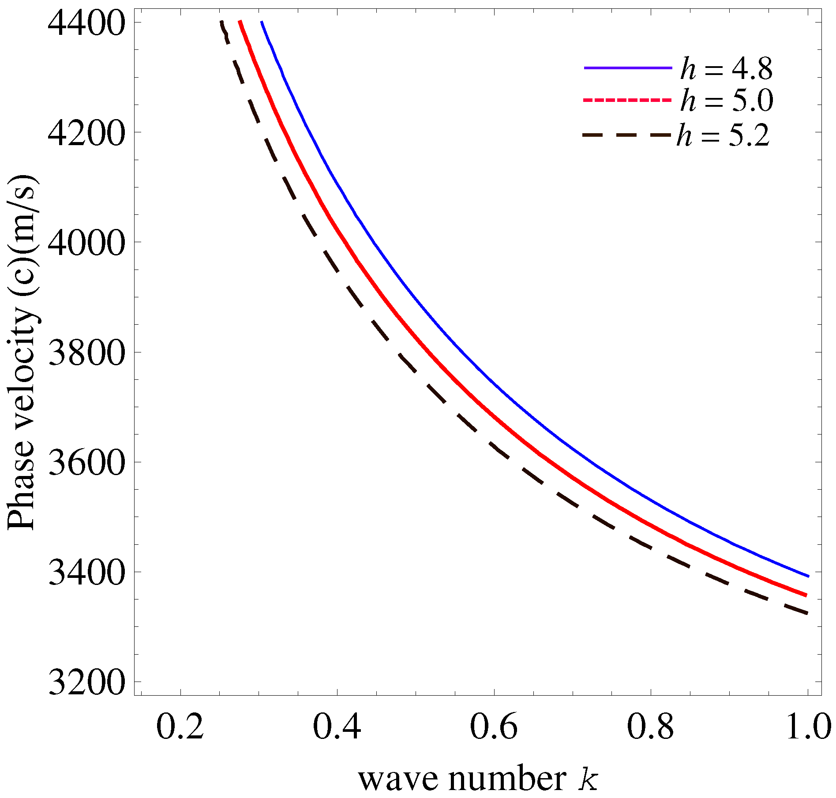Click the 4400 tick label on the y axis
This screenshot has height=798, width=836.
tap(85, 23)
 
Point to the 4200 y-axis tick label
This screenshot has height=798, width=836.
tap(85, 133)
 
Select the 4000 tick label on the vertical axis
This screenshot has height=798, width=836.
tap(85, 243)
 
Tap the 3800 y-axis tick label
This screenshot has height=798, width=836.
tap(85, 353)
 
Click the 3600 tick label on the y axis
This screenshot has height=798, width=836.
tap(85, 463)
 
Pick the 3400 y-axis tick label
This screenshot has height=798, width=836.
tap(85, 573)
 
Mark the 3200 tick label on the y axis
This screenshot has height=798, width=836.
tap(85, 682)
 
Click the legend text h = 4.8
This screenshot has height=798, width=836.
tap(726, 69)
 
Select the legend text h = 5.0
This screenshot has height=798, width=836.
tap(726, 101)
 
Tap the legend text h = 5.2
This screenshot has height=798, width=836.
tap(724, 135)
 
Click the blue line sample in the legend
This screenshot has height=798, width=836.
tap(628, 68)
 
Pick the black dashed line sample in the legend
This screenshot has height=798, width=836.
tap(626, 135)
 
